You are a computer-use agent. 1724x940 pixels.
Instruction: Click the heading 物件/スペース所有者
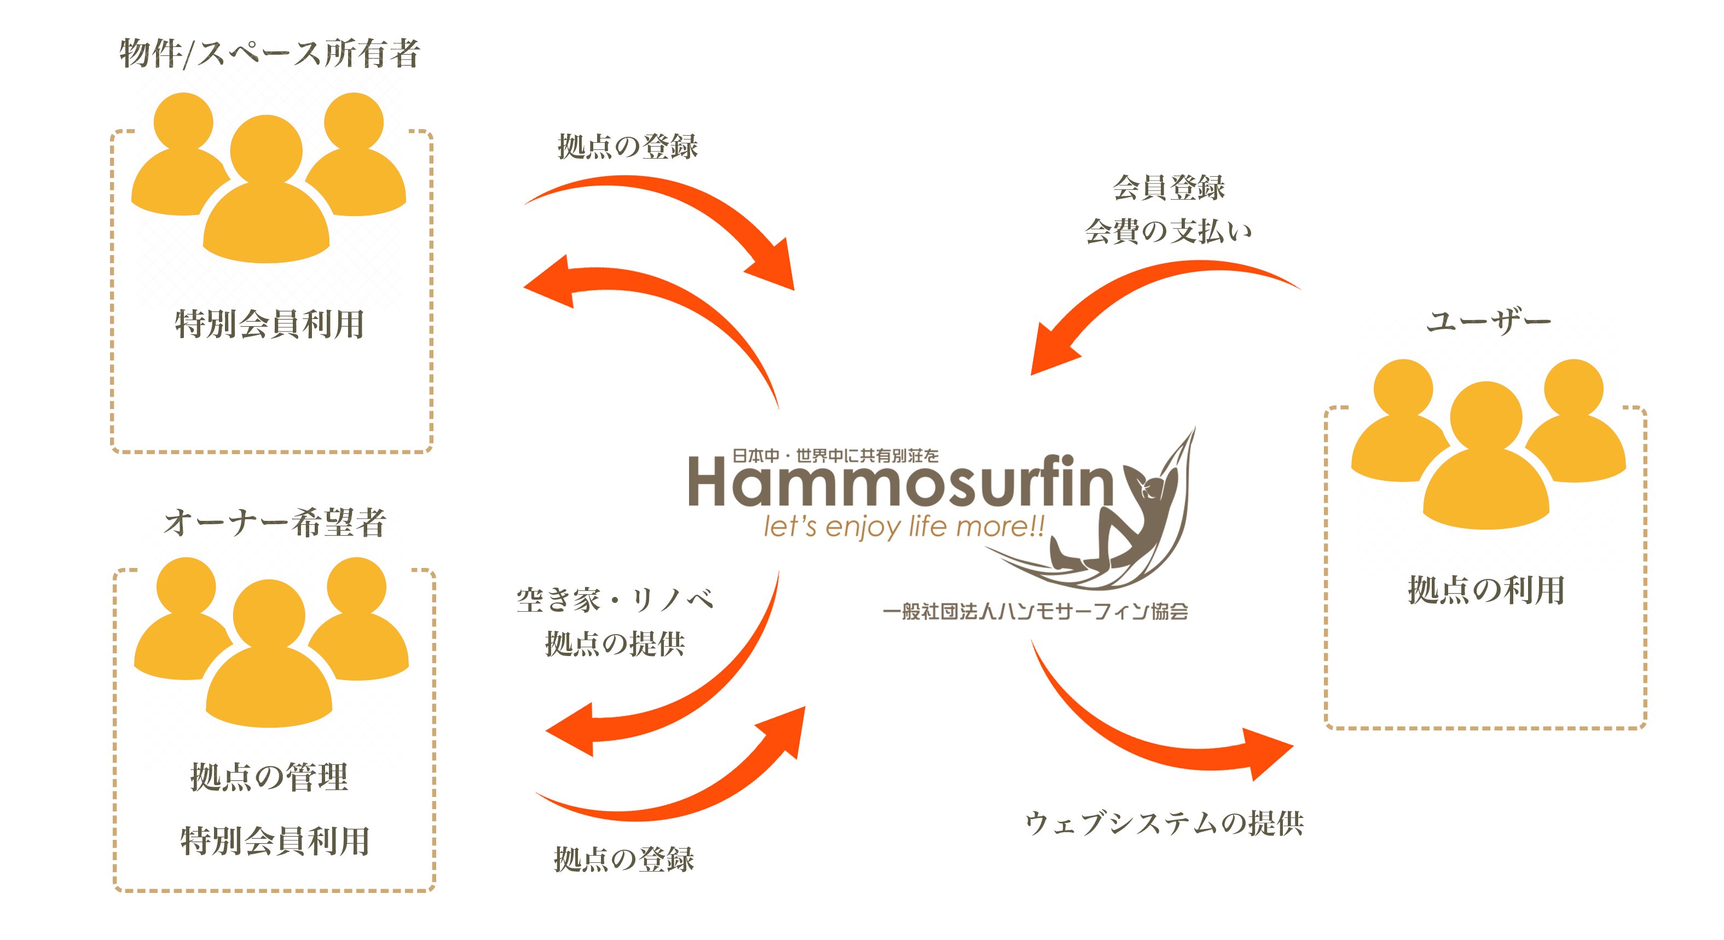[270, 54]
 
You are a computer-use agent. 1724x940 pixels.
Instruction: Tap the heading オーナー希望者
[275, 523]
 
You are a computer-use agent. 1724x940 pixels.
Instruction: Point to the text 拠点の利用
[1486, 590]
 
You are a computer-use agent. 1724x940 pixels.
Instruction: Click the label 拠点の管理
[270, 777]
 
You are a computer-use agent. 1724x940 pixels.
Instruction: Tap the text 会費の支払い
[1168, 231]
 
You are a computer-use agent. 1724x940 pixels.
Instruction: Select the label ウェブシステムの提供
[1165, 823]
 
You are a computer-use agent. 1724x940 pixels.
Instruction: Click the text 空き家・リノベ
[615, 600]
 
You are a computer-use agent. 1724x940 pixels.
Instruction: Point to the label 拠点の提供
[615, 643]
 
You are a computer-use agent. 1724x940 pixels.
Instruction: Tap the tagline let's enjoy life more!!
[904, 526]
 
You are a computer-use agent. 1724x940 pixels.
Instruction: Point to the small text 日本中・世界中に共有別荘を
[835, 456]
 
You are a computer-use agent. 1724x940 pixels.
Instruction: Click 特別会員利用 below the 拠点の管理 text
[275, 841]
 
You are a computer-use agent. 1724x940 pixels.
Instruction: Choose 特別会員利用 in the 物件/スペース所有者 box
[270, 324]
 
